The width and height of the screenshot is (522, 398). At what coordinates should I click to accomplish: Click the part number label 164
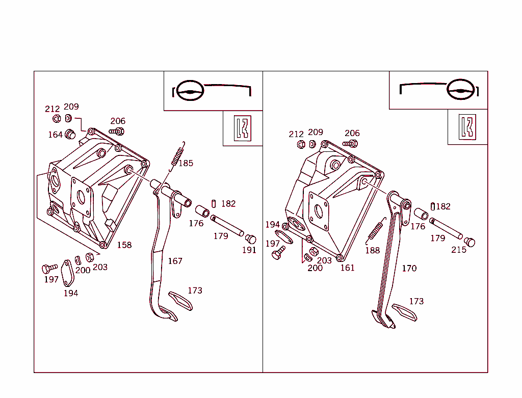(55, 135)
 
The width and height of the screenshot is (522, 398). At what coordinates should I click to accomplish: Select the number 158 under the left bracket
(124, 245)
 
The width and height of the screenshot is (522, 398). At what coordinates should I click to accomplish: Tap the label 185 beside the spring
(186, 164)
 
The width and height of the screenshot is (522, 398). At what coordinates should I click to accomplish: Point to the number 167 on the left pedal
(175, 261)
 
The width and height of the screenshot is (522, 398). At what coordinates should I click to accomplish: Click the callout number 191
(249, 250)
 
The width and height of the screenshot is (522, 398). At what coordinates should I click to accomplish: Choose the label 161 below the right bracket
(347, 268)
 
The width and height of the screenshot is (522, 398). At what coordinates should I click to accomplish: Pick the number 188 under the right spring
(372, 250)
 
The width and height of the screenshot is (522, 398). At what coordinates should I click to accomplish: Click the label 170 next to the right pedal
(409, 268)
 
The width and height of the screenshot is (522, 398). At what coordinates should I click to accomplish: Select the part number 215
(459, 250)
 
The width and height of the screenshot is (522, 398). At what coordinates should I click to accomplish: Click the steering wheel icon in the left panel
(190, 91)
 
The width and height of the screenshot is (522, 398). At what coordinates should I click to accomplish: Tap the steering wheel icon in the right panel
(459, 90)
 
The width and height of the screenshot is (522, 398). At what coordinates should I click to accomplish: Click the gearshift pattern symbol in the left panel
(243, 128)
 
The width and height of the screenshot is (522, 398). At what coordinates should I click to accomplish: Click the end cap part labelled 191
(250, 238)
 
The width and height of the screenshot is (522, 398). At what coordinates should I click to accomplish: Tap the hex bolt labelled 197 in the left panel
(49, 268)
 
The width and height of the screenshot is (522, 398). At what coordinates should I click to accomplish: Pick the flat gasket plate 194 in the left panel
(67, 273)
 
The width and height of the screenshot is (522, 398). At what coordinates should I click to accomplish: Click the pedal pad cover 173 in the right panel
(404, 312)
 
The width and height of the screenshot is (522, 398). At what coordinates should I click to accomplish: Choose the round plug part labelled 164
(70, 135)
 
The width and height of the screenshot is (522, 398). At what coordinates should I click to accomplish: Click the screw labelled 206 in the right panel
(350, 144)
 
